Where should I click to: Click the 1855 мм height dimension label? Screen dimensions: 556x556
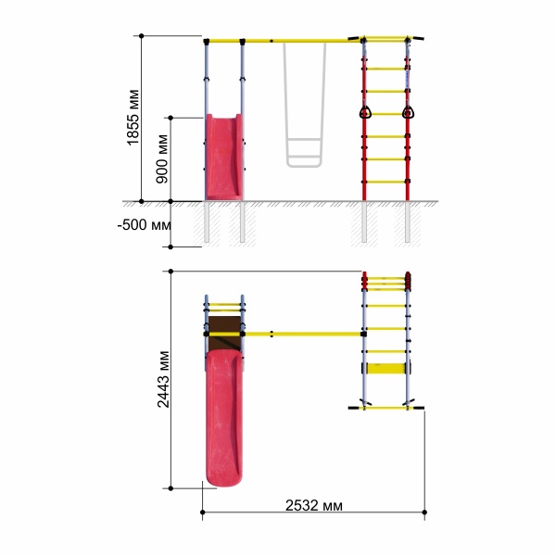point(133,118)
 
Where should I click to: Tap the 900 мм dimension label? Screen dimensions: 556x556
point(162,158)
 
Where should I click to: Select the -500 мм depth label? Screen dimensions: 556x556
point(145,225)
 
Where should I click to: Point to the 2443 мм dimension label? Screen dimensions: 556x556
point(163,379)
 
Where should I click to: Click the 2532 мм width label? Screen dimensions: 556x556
point(314,506)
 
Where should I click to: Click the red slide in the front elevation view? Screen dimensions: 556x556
point(224,158)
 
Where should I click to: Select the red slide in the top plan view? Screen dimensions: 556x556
point(224,418)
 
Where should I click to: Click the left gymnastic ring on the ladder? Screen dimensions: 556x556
point(365,113)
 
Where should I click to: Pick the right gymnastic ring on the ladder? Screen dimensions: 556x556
point(408,113)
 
